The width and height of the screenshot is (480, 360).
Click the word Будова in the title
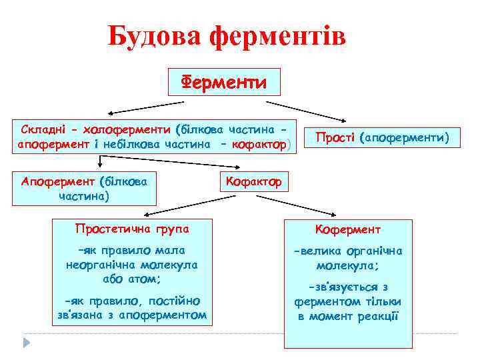point(155,37)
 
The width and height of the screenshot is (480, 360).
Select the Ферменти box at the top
point(225,82)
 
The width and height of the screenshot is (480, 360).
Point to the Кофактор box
point(253,181)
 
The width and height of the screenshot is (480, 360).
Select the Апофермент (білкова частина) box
point(84,189)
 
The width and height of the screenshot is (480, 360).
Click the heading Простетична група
point(132,229)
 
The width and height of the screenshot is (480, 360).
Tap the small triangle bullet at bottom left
point(27,342)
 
